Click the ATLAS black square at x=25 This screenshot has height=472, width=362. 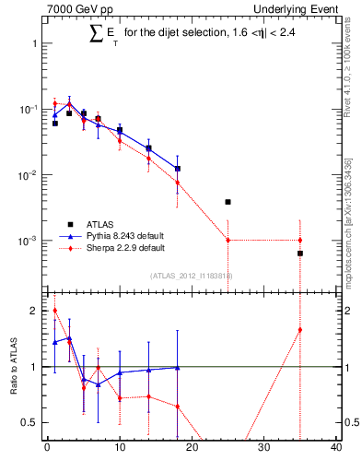228,202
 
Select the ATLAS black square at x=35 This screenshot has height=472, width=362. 300,253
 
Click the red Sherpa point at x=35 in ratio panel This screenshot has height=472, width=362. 300,330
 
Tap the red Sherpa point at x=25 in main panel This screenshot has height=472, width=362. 228,241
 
